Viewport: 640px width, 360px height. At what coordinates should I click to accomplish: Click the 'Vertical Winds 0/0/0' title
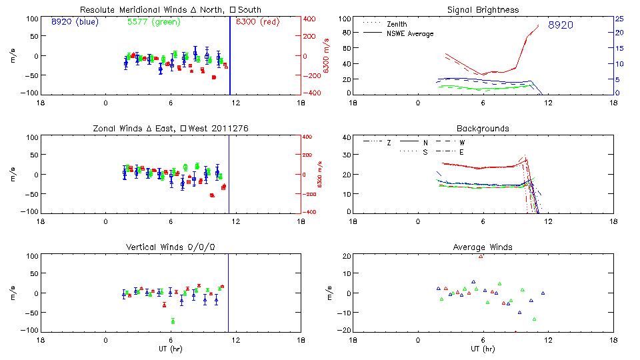pos(171,247)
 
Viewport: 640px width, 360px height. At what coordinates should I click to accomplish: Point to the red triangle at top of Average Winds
pos(481,256)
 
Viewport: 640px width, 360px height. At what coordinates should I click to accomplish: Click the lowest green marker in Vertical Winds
pos(173,321)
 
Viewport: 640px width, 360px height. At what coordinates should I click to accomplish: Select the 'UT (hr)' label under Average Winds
pos(483,349)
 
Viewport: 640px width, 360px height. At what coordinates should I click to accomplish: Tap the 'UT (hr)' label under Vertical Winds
pos(171,349)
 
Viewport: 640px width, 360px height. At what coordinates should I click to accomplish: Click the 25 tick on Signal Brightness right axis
pos(619,19)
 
